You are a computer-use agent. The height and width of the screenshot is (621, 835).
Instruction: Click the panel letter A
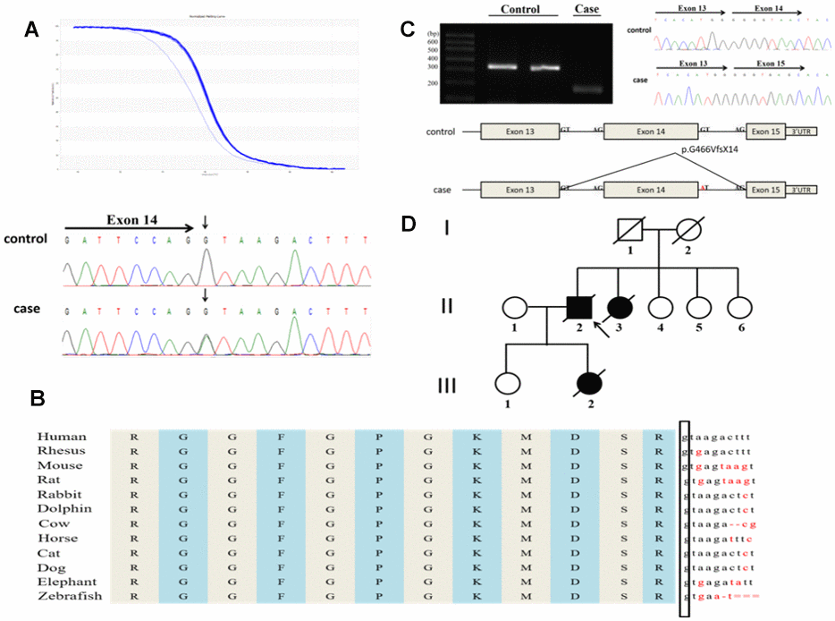coord(31,30)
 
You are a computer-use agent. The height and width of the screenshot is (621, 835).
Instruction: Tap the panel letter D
coord(409,223)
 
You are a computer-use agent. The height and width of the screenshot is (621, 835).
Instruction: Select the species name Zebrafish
coord(70,596)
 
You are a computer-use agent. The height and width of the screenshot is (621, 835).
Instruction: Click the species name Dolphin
coord(62,509)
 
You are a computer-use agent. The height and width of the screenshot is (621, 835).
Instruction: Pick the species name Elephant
coord(66,582)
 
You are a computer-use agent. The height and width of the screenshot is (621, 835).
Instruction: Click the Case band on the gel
coord(587,89)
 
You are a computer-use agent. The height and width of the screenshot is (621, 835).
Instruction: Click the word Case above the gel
coord(586,9)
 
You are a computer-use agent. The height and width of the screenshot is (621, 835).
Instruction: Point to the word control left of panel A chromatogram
coord(25,240)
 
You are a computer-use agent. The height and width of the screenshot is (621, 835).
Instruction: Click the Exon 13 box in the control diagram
coord(519,132)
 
